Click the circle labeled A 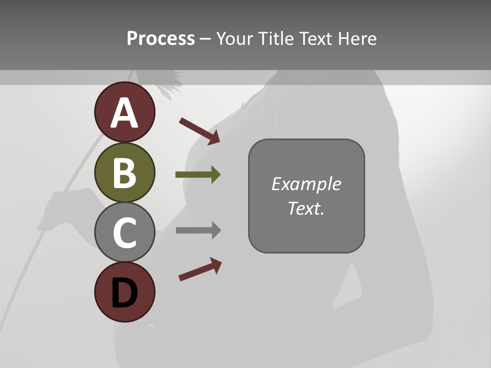(124, 112)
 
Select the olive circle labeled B (124, 172)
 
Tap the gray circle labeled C (124, 232)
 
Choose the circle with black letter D (124, 292)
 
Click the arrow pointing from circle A (199, 131)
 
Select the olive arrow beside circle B (198, 175)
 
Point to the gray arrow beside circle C (198, 231)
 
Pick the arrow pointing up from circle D (200, 269)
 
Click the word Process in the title (161, 38)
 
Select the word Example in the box (306, 184)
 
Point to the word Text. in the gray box (306, 208)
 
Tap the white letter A (124, 113)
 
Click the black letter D (124, 293)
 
